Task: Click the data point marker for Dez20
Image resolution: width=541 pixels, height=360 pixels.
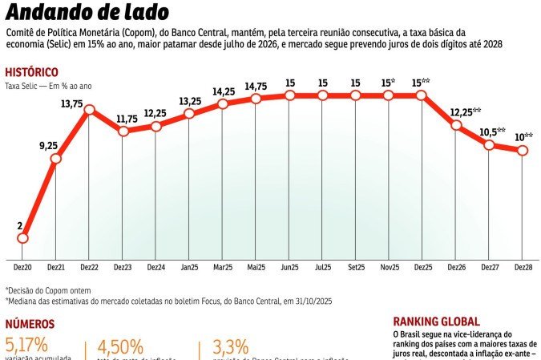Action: coord(22,238)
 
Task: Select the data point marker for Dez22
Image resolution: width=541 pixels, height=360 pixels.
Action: coord(89,109)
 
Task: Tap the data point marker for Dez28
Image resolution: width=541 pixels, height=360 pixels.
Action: coord(523,151)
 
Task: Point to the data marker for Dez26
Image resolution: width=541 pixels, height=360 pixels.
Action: coord(456,124)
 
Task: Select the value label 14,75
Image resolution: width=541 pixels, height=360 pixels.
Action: coord(256,87)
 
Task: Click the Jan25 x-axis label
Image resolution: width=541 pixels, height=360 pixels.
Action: coord(189,266)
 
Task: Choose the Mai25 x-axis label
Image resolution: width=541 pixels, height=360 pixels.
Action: coord(256,266)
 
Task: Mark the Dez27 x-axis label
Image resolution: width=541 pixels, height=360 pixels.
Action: coord(489,266)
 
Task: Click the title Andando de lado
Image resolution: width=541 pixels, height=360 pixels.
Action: coord(87,13)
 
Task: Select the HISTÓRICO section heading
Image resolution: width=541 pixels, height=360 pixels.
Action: coord(32,71)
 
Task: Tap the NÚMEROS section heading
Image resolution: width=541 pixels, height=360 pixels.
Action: coord(30,324)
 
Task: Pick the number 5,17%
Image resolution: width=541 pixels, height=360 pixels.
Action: coord(27,345)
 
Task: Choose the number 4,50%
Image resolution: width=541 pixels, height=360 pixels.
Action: coord(120,347)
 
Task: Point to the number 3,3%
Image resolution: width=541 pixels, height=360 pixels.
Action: coord(229,347)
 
